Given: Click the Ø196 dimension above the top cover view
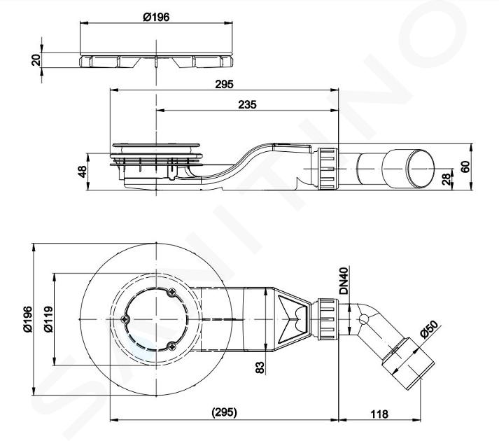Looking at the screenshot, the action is pos(156,17).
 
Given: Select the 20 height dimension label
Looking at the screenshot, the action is pos(36,60).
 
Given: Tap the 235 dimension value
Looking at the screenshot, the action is pos(247,104).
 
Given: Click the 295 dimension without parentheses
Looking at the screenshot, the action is pos(225,85).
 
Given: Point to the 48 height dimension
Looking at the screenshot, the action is pos(82,171).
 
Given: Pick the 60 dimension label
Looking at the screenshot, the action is pos(465,167).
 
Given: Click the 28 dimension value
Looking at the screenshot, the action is pos(447,179).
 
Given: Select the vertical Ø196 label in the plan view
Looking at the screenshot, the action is pos(28,319).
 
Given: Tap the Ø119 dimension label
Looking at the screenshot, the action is pos(48,319).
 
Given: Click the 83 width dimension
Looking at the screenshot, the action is pos(260,367).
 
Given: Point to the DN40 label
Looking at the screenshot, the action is pos(344,281).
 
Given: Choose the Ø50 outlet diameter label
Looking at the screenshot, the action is pos(429,329).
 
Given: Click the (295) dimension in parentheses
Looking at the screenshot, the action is pos(225,412).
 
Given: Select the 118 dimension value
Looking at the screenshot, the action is pos(379,414).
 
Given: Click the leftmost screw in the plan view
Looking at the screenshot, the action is pos(125,318).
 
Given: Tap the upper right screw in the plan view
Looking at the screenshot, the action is pos(172,291).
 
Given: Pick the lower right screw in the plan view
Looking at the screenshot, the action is pos(172,346).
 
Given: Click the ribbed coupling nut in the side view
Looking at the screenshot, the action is pos(328,169).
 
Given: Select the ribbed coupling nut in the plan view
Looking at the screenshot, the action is pos(328,319).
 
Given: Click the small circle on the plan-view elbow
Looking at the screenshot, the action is pos(363,319).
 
